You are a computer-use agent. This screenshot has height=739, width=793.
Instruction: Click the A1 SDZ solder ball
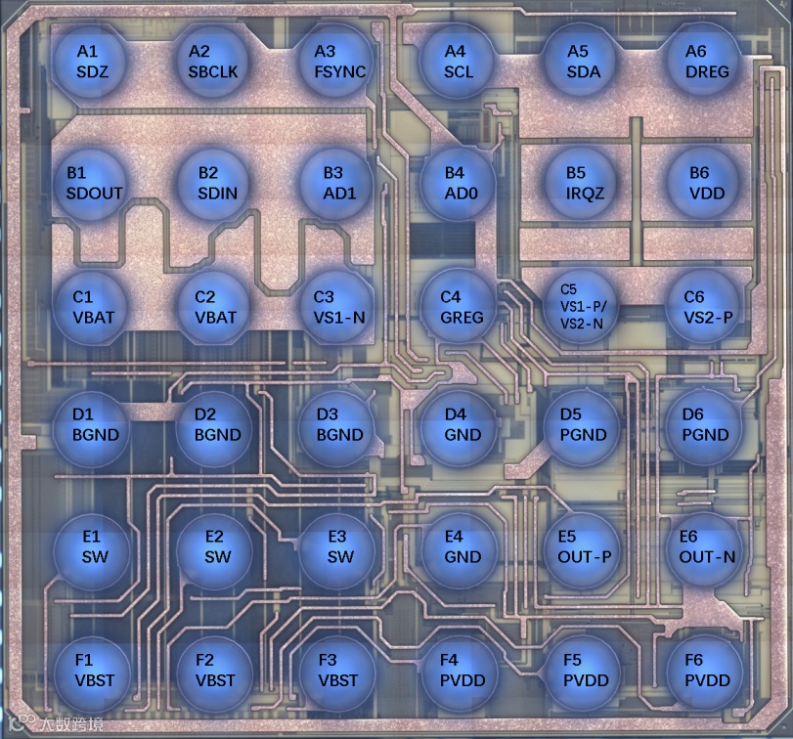88,60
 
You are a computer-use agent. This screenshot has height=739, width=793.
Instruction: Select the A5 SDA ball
578,60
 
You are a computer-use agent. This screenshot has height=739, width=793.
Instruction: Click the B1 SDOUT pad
88,182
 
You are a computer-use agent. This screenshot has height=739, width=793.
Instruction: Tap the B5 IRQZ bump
578,182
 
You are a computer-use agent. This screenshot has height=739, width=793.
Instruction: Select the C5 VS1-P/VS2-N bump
578,305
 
